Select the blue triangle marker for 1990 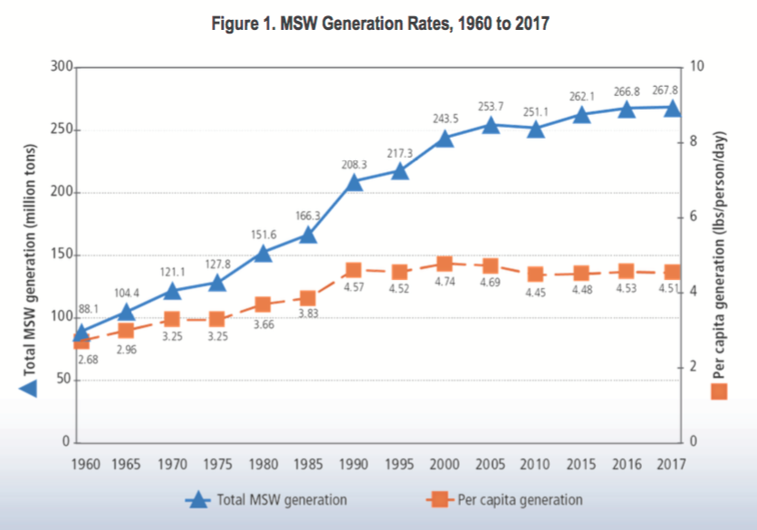(x=353, y=182)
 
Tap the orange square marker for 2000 (x=445, y=264)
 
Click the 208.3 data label (x=353, y=165)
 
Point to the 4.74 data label (x=444, y=282)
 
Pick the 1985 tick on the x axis (x=308, y=464)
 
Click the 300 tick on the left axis (x=61, y=67)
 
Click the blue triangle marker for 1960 (x=81, y=332)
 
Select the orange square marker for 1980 (x=263, y=304)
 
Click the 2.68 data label (x=87, y=359)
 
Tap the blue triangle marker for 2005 (x=490, y=125)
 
